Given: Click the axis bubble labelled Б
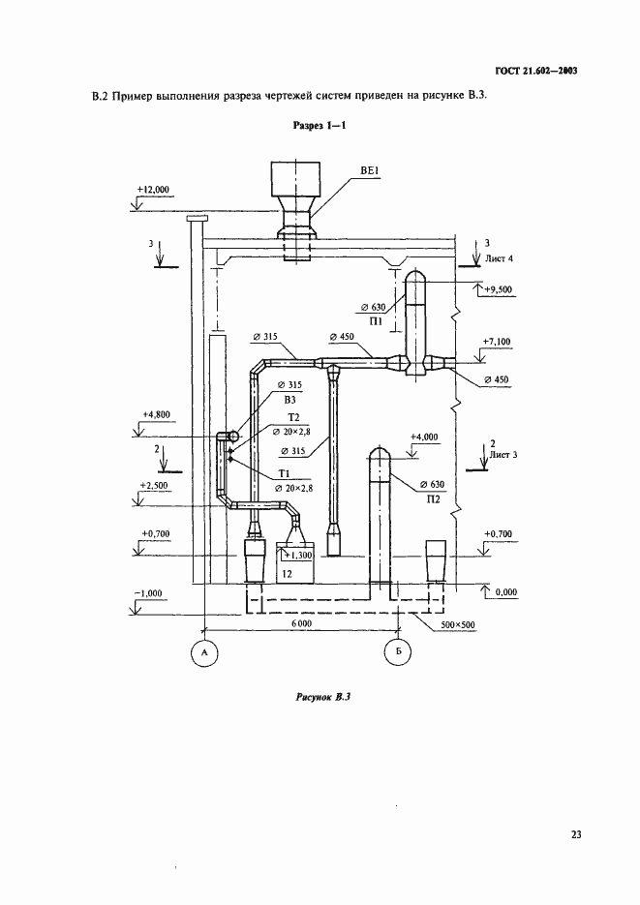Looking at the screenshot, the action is click(x=399, y=652).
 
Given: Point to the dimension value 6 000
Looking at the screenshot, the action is click(x=301, y=623).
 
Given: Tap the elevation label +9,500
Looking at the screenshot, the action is click(x=498, y=289).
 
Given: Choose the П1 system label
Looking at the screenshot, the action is click(x=376, y=322).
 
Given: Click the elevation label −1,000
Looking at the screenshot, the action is click(x=150, y=593).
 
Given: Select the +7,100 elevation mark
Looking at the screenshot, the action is click(x=497, y=342).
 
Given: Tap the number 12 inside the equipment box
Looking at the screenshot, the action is click(x=287, y=574).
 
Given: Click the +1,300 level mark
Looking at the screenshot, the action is click(x=299, y=556).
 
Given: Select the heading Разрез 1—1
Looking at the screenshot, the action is click(x=320, y=125).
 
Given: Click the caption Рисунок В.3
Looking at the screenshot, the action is click(x=323, y=697).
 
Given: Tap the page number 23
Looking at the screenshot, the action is click(x=576, y=834).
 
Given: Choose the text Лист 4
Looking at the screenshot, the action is click(x=500, y=258).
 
